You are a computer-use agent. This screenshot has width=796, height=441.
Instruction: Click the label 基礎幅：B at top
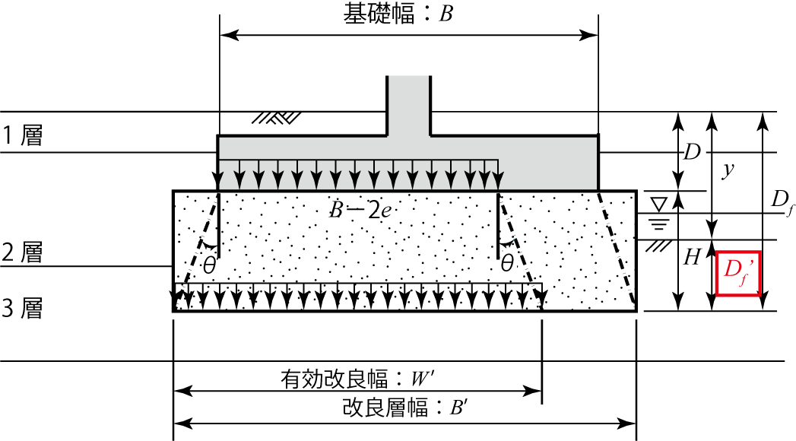tap(398, 14)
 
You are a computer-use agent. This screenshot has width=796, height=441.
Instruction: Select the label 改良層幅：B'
tap(405, 408)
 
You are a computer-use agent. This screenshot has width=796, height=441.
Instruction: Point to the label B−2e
tap(361, 210)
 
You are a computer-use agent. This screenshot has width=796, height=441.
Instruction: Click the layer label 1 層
tap(22, 135)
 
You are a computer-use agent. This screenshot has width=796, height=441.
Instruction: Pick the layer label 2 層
tap(22, 252)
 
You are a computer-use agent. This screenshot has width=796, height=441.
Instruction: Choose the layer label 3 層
tap(22, 308)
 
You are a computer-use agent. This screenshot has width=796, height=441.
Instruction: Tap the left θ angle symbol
tap(209, 265)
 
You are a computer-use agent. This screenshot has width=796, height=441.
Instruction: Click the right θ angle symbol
tap(506, 263)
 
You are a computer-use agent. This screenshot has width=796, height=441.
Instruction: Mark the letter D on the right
tap(692, 152)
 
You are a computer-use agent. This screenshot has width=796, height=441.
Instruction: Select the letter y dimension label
tap(728, 170)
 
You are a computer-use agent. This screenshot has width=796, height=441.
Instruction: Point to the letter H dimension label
tap(692, 257)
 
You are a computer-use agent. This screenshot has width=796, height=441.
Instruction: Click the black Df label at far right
tap(782, 202)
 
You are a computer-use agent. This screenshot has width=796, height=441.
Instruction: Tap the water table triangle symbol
tap(659, 205)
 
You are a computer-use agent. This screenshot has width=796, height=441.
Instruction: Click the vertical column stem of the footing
tap(409, 106)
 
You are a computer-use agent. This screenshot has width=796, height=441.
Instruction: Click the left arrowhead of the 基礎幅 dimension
tap(229, 36)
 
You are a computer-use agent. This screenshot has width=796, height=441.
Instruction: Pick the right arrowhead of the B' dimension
tap(626, 423)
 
